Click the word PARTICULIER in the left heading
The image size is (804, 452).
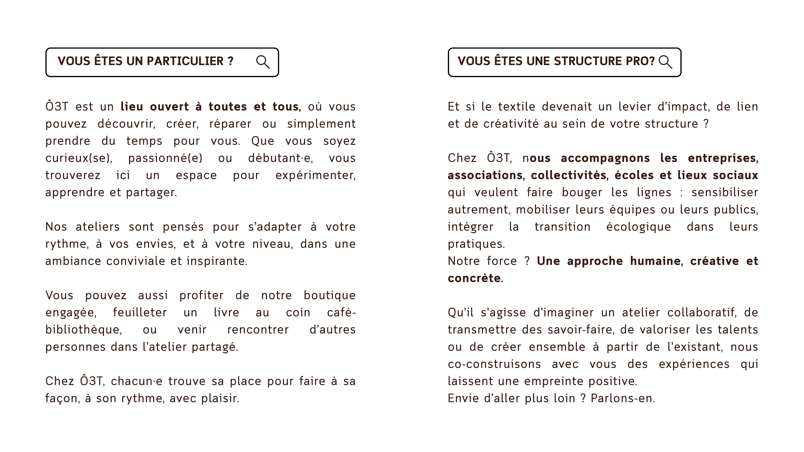tap(185, 61)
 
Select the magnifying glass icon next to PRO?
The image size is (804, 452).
tap(665, 62)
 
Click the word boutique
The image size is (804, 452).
tap(330, 295)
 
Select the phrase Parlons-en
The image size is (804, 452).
tap(623, 398)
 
